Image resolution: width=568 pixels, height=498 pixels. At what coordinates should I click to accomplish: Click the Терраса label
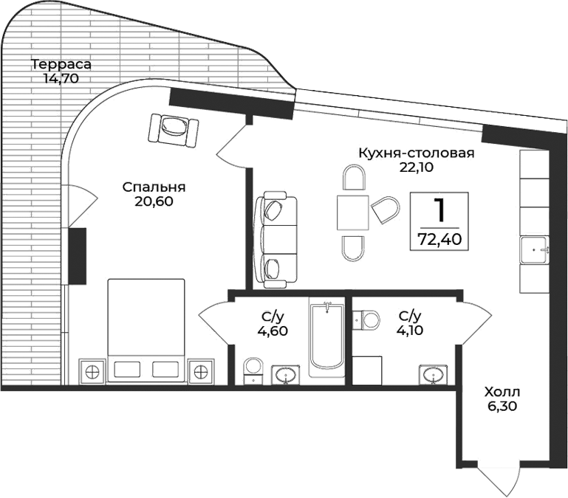click(x=56, y=64)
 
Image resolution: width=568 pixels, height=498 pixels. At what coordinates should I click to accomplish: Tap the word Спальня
click(x=154, y=187)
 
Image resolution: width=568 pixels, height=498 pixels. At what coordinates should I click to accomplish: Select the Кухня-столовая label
click(x=416, y=153)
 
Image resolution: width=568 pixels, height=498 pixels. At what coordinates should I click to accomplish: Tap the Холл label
click(x=502, y=391)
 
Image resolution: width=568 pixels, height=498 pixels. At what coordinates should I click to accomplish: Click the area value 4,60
click(x=272, y=330)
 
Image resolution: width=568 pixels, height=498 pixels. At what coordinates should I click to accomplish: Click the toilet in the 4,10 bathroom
click(x=366, y=319)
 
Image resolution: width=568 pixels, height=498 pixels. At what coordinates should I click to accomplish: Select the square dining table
click(x=353, y=214)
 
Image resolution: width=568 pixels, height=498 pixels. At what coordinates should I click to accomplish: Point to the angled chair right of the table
click(x=386, y=210)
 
